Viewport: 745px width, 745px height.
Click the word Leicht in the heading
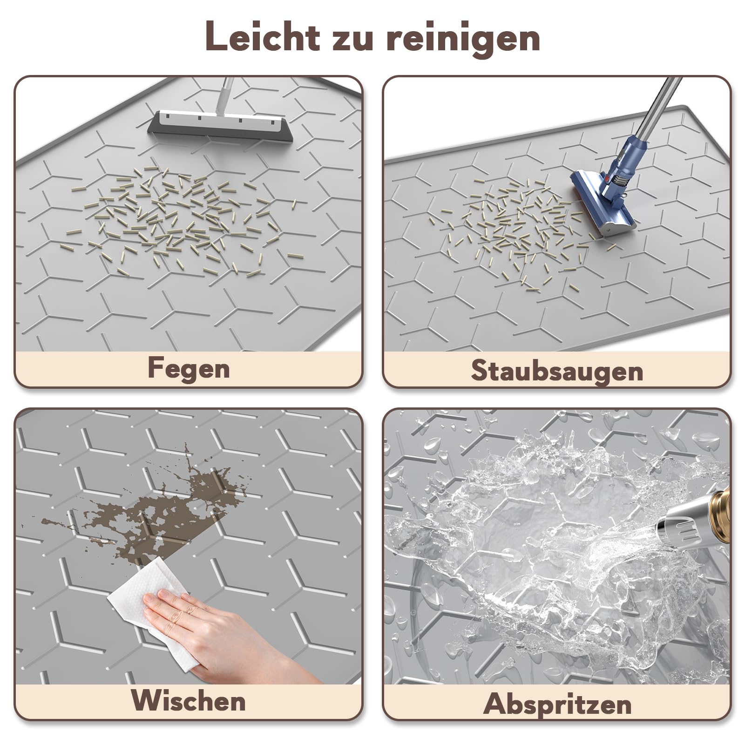coord(263,36)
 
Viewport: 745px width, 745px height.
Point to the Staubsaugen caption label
coord(557,371)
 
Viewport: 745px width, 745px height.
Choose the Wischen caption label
coord(189,700)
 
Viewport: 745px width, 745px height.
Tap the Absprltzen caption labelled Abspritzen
coord(557,704)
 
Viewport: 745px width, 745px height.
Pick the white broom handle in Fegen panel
coord(223,95)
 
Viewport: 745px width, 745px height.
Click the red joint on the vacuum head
coord(607,176)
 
